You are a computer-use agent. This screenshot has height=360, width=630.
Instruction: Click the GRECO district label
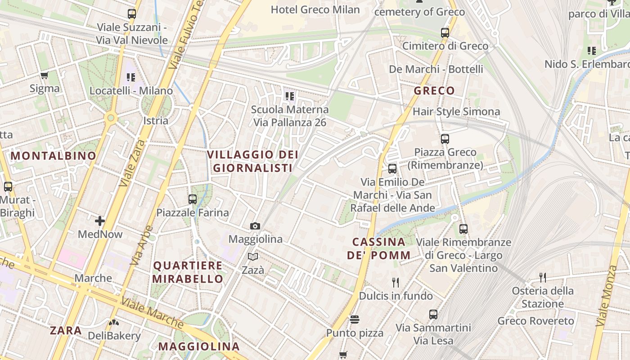434,91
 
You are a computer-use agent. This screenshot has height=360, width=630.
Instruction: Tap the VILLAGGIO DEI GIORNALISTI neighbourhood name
252,162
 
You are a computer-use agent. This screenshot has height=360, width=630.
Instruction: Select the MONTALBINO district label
54,156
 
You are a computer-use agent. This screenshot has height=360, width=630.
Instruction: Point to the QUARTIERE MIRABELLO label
188,272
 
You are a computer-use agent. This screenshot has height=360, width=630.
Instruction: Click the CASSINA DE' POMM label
378,249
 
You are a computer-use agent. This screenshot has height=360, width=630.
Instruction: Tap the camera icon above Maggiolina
255,226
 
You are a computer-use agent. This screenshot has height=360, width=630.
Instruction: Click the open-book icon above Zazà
253,257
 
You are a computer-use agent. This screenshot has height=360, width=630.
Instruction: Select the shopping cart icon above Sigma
44,76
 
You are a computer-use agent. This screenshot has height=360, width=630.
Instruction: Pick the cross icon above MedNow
100,221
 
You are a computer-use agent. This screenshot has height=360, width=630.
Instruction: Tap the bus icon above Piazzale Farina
193,199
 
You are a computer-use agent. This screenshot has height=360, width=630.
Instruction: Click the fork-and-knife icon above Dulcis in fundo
396,283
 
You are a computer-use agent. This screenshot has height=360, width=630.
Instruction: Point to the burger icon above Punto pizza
355,320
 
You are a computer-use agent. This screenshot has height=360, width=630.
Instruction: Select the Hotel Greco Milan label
315,9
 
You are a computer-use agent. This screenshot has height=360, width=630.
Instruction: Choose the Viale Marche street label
153,313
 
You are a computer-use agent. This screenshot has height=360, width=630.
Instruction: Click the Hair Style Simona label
456,112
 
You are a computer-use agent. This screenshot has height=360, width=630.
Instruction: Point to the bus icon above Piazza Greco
445,139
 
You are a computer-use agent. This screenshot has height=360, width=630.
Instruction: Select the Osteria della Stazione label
543,297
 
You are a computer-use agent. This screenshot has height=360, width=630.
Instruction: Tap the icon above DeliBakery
114,322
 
